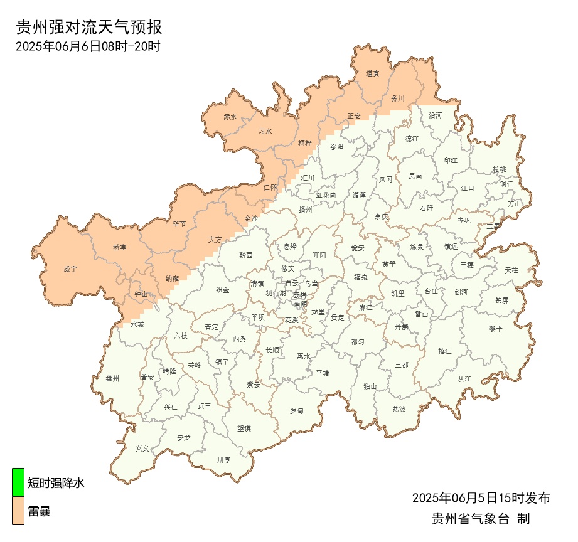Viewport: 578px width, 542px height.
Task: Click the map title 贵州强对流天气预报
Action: (88, 27)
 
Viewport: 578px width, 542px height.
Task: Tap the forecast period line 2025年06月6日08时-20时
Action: (88, 46)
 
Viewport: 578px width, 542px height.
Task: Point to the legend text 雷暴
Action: (39, 511)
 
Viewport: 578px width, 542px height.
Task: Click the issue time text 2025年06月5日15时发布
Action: (481, 498)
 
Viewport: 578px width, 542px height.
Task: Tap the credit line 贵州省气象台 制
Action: (481, 519)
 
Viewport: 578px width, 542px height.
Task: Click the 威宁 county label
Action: (70, 269)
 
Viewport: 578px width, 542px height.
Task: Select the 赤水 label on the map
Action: (230, 117)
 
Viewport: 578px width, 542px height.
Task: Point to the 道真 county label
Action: (373, 73)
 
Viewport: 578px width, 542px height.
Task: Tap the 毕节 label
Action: (179, 223)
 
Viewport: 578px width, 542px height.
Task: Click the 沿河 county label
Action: (435, 115)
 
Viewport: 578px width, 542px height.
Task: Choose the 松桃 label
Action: (499, 169)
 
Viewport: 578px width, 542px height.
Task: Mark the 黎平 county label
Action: (496, 328)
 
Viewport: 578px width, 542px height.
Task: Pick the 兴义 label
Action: (143, 449)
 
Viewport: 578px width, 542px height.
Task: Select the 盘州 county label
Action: (113, 378)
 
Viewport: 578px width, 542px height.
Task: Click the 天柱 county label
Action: (511, 270)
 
